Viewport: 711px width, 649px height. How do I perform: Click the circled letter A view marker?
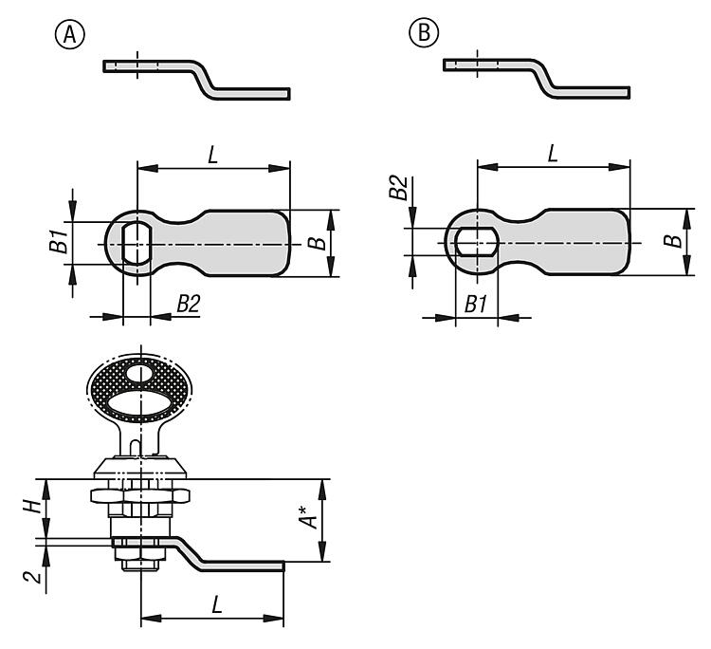point(70,34)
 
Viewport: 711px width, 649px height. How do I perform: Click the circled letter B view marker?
point(424,32)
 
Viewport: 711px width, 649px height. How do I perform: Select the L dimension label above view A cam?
point(213,156)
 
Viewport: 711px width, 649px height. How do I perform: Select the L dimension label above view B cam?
point(553,154)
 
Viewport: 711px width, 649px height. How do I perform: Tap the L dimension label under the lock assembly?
point(217,605)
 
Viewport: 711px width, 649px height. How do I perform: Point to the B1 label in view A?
point(59,241)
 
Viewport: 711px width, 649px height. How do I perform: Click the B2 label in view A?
point(189,304)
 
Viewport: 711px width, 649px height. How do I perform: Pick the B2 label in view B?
point(399,188)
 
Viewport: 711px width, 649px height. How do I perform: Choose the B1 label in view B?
point(476,304)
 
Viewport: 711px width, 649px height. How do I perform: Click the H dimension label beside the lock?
point(32,507)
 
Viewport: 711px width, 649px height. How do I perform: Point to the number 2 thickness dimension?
point(32,576)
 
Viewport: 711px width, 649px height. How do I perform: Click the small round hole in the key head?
point(140,374)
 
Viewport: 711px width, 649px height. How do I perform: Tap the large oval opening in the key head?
point(140,403)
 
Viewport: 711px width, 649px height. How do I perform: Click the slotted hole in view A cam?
point(137,243)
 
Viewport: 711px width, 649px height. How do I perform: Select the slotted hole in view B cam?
point(477,242)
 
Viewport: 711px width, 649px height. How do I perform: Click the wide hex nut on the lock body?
point(140,495)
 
